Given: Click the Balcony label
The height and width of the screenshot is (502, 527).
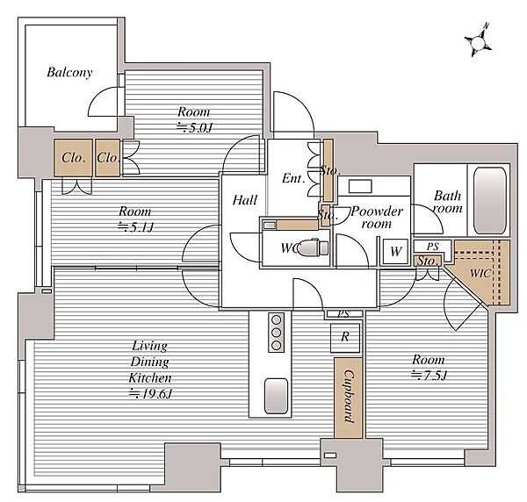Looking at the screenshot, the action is tap(69, 72).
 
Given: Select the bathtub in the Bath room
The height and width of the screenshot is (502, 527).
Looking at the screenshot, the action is tap(490, 201).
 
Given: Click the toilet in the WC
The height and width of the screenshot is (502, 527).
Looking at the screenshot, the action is tap(314, 247).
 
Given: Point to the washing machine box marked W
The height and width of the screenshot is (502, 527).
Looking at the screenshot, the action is tap(395, 251).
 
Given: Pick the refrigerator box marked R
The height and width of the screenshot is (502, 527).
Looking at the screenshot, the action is tap(345, 337).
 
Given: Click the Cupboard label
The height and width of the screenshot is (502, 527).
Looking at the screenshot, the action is tap(349, 397).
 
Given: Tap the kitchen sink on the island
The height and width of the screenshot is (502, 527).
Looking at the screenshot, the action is tap(277, 396).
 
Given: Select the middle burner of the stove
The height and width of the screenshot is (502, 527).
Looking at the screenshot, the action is tap(277, 333).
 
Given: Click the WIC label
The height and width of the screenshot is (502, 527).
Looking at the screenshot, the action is tap(480, 273).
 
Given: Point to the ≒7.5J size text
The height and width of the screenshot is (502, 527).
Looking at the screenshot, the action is tap(430, 375).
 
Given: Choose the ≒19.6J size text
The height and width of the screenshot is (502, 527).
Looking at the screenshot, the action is tap(150, 393).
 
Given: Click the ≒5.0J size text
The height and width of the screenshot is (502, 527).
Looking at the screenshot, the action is tap(195, 127).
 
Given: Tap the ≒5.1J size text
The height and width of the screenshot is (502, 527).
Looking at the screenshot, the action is tap(135, 227).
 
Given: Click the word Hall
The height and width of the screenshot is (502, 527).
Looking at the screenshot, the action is tap(245, 200).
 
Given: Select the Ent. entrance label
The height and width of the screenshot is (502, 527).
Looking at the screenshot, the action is tap(293, 178).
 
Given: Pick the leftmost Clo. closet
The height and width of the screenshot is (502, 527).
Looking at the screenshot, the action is tap(73, 157).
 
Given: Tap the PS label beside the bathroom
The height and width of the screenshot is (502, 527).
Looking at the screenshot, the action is tap(432, 247).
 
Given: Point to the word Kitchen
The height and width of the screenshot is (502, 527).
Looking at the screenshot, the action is tap(150, 378).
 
